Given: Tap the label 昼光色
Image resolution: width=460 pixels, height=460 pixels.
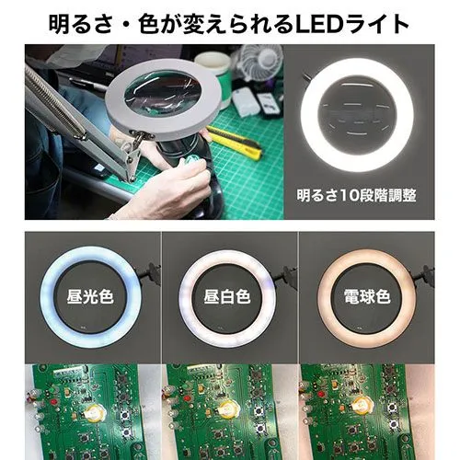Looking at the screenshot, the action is [x=90, y=297].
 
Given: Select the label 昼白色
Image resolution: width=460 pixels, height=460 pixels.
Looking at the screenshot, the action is [x=227, y=297].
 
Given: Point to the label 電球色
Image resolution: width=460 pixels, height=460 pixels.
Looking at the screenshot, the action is [x=367, y=297].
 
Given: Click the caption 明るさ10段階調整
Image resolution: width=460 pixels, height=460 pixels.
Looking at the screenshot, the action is [x=356, y=195].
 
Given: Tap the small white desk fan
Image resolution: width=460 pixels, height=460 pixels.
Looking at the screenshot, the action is [x=260, y=63].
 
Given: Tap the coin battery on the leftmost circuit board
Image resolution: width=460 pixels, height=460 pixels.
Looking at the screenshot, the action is [x=95, y=412].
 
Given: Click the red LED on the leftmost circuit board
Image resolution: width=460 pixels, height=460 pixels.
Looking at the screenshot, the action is [x=54, y=401].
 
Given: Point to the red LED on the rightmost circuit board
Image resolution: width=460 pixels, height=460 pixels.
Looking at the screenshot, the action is [x=321, y=393].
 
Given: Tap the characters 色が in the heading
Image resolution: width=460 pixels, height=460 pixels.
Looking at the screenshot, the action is [x=159, y=24].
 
